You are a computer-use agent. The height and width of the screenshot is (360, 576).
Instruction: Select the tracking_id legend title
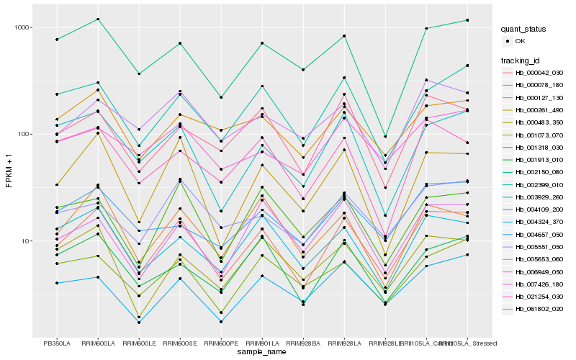pos(523,60)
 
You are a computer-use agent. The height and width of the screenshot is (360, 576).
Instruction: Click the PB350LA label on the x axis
pos(56,343)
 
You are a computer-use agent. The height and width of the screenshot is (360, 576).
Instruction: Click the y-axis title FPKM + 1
pos(9,171)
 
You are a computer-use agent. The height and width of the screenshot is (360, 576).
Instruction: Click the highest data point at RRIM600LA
pos(97,19)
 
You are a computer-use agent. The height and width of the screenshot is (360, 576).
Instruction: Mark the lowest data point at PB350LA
pos(56,283)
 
